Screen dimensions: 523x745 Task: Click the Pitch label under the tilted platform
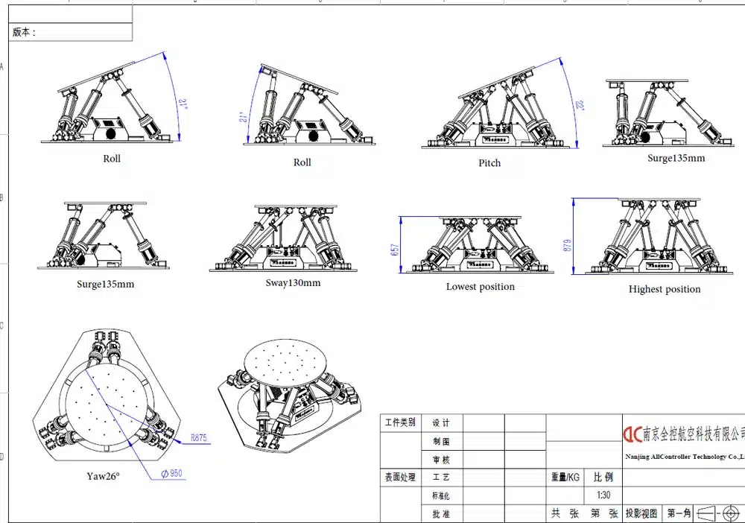[x=489, y=162]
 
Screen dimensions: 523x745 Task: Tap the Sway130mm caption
[x=293, y=283]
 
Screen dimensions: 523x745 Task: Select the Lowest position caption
[x=480, y=287]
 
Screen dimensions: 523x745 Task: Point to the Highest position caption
[x=665, y=290]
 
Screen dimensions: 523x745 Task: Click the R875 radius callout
[x=198, y=438]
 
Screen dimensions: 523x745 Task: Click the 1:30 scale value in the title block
[x=603, y=495]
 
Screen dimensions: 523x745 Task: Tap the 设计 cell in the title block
[x=441, y=423]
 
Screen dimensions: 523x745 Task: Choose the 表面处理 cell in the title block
[x=401, y=477]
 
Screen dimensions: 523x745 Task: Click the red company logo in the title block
[x=633, y=434]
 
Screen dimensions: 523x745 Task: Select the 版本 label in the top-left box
[x=24, y=33]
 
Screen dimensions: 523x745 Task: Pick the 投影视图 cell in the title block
[x=641, y=513]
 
